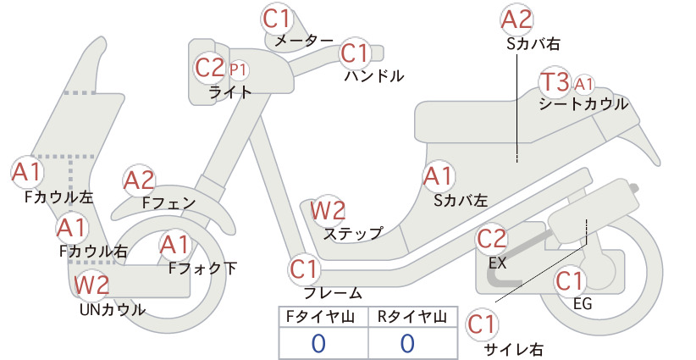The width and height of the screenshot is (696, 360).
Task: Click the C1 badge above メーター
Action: pyautogui.click(x=276, y=19)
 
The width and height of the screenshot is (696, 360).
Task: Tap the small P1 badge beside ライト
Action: pyautogui.click(x=239, y=69)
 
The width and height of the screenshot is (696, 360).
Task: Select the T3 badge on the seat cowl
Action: pyautogui.click(x=555, y=82)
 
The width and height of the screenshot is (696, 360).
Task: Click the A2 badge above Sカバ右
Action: pyautogui.click(x=516, y=20)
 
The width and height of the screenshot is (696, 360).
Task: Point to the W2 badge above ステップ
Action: pyautogui.click(x=328, y=210)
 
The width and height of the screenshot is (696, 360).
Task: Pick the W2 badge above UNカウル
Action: pyautogui.click(x=91, y=285)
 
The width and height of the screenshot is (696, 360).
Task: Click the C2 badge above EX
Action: pyautogui.click(x=491, y=239)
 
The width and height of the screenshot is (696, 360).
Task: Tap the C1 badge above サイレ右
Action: pyautogui.click(x=482, y=324)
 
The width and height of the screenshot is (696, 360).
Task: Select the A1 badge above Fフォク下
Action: pyautogui.click(x=175, y=246)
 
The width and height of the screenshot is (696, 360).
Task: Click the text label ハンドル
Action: pyautogui.click(x=374, y=76)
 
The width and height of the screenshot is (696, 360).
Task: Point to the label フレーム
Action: pyautogui.click(x=333, y=293)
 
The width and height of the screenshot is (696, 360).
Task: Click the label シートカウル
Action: pyautogui.click(x=583, y=104)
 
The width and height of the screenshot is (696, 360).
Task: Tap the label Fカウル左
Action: pyautogui.click(x=59, y=197)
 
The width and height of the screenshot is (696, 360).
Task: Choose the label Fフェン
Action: pyautogui.click(x=168, y=203)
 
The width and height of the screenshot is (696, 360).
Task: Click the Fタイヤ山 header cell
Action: pyautogui.click(x=323, y=317)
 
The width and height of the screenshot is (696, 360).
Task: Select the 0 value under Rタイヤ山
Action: pyautogui.click(x=407, y=343)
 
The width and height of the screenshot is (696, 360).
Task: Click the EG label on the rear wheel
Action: pyautogui.click(x=583, y=304)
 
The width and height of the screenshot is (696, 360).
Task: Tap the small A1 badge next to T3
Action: pyautogui.click(x=583, y=84)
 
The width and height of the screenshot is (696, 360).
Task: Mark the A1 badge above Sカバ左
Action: pyautogui.click(x=438, y=176)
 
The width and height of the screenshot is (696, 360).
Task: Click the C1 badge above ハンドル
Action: pyautogui.click(x=355, y=53)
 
